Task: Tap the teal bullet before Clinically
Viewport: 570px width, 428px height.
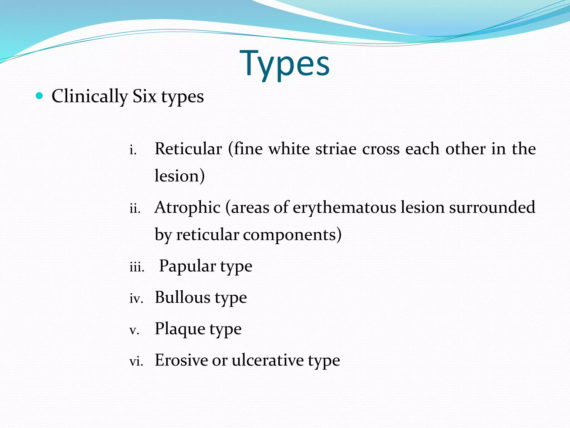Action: pyautogui.click(x=40, y=96)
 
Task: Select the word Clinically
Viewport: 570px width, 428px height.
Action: pyautogui.click(x=90, y=97)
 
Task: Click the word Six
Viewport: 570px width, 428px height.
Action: pyautogui.click(x=144, y=96)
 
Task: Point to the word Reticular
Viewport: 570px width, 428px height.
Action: pyautogui.click(x=188, y=149)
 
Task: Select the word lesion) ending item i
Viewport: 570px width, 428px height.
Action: pyautogui.click(x=180, y=176)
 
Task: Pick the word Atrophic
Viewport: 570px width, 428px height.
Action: pyautogui.click(x=188, y=208)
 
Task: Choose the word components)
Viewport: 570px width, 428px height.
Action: pyautogui.click(x=292, y=235)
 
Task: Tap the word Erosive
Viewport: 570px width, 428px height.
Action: pyautogui.click(x=181, y=360)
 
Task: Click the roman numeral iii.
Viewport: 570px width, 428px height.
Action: pyautogui.click(x=137, y=267)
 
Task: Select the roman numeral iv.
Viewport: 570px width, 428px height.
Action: pyautogui.click(x=136, y=299)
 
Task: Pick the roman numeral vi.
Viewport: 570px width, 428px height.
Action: pyautogui.click(x=136, y=362)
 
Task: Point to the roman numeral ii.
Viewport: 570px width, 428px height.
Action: pyautogui.click(x=135, y=209)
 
